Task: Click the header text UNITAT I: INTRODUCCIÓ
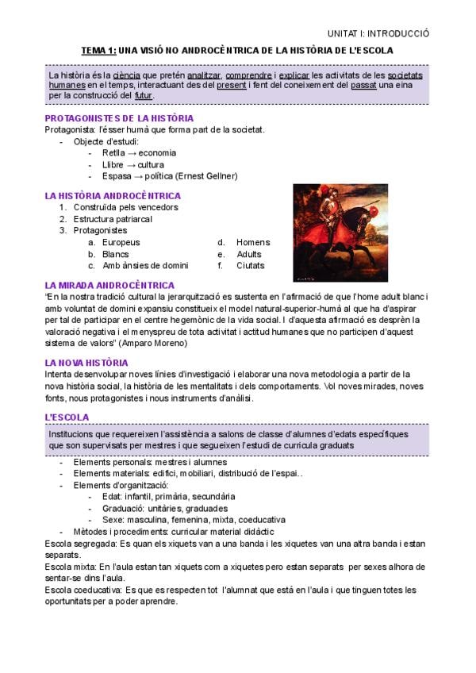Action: click(378, 33)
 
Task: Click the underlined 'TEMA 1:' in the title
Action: click(98, 50)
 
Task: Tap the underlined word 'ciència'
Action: click(126, 75)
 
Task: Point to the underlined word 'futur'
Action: click(144, 96)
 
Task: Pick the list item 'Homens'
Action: click(253, 242)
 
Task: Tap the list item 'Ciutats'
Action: click(250, 265)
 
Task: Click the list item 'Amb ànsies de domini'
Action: click(145, 265)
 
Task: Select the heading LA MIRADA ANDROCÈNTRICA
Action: click(109, 285)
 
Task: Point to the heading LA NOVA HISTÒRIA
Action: click(86, 363)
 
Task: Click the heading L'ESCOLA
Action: click(67, 417)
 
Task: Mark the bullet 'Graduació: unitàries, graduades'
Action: click(164, 508)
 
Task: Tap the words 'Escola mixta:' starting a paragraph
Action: click(71, 567)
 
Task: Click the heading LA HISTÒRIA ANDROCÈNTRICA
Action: click(113, 195)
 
